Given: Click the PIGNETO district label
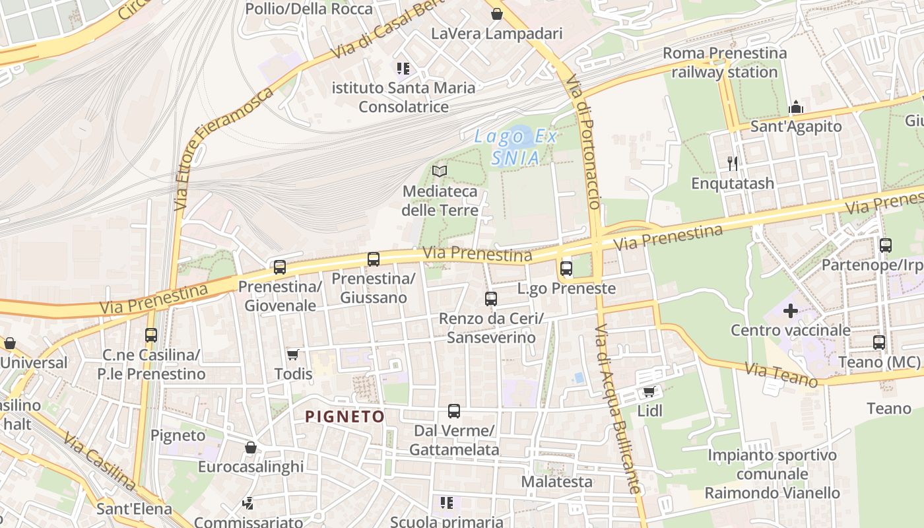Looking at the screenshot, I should click(345, 416).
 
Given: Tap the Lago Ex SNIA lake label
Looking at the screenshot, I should click(516, 147).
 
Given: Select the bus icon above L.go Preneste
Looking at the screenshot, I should click(566, 269).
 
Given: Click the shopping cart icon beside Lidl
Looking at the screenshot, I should click(649, 392).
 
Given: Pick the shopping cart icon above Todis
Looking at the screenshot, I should click(293, 355).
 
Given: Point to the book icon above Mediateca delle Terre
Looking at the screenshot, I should click(440, 172).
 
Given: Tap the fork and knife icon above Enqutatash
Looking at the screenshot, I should click(732, 163).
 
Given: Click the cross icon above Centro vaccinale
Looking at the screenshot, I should click(791, 311).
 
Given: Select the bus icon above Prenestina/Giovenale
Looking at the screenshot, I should click(280, 267).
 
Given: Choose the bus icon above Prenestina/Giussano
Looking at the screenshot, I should click(374, 259).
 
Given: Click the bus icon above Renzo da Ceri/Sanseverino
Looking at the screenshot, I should click(491, 299).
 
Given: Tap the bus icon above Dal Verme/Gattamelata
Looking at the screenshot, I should click(454, 411).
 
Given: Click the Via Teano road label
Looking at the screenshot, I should click(782, 374).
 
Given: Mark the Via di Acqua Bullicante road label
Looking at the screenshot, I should click(616, 409).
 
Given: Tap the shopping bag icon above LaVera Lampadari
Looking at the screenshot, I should click(496, 14).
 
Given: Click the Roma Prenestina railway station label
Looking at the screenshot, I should click(725, 63).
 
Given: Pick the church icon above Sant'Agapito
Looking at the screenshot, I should click(796, 108).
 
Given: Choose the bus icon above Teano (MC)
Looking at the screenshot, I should click(878, 343).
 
